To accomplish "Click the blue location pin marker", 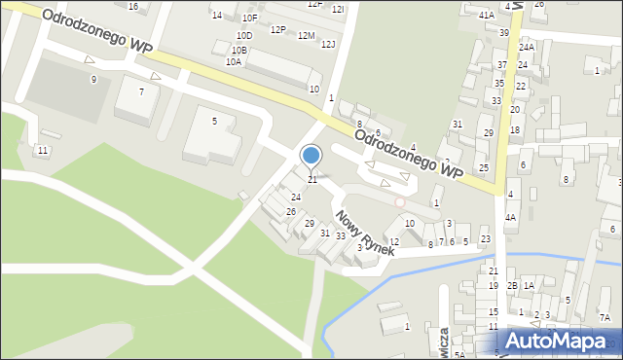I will [x=311, y=156].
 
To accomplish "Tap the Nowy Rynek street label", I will [x=364, y=232].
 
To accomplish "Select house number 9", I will [x=93, y=79].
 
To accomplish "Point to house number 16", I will [x=133, y=7].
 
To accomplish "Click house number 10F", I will [x=250, y=18].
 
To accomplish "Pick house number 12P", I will [x=278, y=30].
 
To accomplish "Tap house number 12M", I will [x=307, y=36].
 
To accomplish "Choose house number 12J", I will [x=328, y=44].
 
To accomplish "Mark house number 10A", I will [x=234, y=61].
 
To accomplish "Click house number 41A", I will [x=487, y=16].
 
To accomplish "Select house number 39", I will [x=504, y=33].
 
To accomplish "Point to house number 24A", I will [x=527, y=47].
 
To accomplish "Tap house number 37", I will [x=502, y=64].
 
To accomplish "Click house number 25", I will [x=484, y=167].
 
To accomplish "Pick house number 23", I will [x=486, y=239].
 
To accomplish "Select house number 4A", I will [x=510, y=218].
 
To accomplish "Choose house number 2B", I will [x=512, y=285].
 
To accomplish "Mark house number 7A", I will [x=605, y=317].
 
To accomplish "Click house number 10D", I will [x=244, y=36].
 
